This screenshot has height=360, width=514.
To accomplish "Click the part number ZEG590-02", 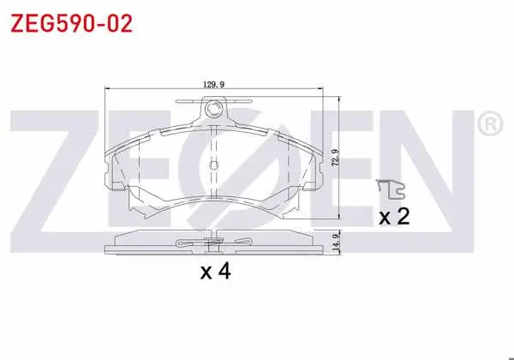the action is [71, 23].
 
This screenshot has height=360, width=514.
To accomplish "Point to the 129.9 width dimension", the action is [213, 85].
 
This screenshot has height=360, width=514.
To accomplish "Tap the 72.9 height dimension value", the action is [335, 158].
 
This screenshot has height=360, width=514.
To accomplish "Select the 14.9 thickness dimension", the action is [335, 243].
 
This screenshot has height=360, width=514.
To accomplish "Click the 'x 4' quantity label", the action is [216, 272].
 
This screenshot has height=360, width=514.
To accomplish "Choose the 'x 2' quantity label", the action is [394, 216].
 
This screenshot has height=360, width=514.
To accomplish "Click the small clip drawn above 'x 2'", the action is [391, 189].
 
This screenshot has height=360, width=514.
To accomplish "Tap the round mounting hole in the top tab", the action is [213, 108].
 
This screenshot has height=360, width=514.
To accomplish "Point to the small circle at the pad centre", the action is [213, 165].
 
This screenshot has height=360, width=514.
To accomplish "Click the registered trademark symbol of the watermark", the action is [490, 124].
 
